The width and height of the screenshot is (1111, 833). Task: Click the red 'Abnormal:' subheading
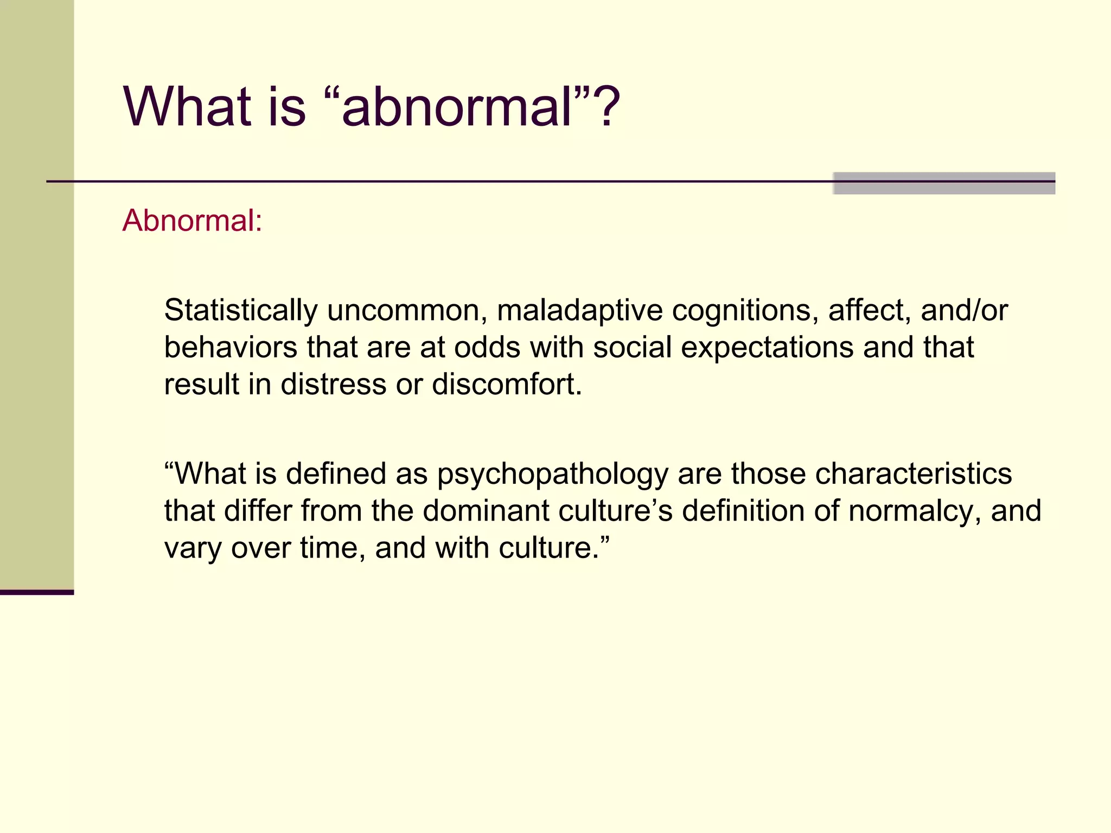click(x=192, y=221)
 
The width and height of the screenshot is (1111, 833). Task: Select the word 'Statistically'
click(x=241, y=311)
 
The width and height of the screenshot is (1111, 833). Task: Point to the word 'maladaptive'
click(x=579, y=311)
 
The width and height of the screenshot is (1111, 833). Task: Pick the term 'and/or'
click(x=964, y=311)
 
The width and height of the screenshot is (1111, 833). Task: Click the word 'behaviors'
click(x=231, y=348)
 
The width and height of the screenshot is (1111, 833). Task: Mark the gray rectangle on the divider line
click(x=944, y=183)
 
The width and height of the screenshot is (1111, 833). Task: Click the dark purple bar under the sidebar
click(x=36, y=592)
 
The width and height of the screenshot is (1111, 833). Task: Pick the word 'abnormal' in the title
click(x=457, y=107)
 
